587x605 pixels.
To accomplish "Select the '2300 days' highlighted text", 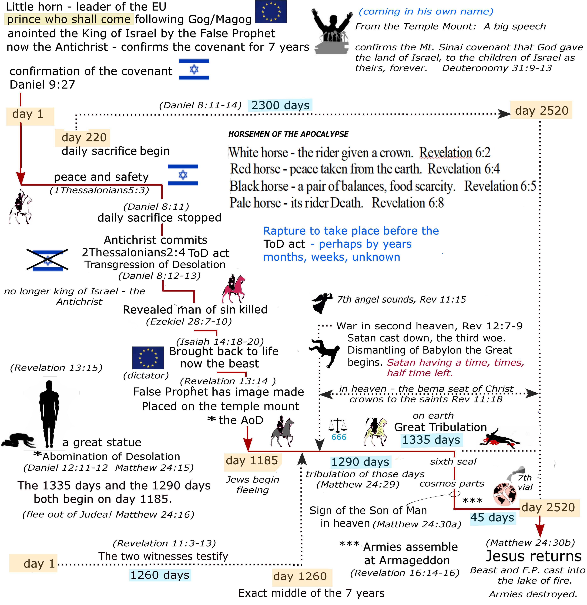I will (x=280, y=105).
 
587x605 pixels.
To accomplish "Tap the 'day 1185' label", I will (x=252, y=461).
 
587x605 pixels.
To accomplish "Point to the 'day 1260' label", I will (x=300, y=576).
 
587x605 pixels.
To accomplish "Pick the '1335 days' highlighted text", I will (x=431, y=440).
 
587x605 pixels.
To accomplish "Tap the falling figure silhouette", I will (x=325, y=352).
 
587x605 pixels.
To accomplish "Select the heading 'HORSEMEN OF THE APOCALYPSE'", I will (x=288, y=134).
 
